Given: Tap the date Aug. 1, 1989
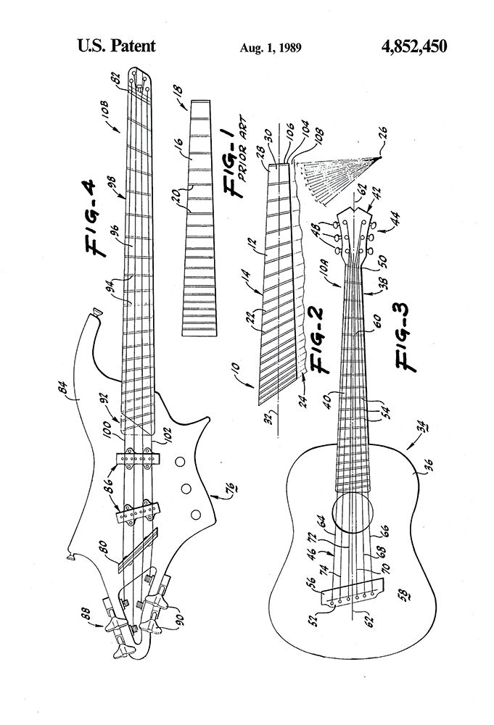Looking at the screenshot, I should coord(271,49).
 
